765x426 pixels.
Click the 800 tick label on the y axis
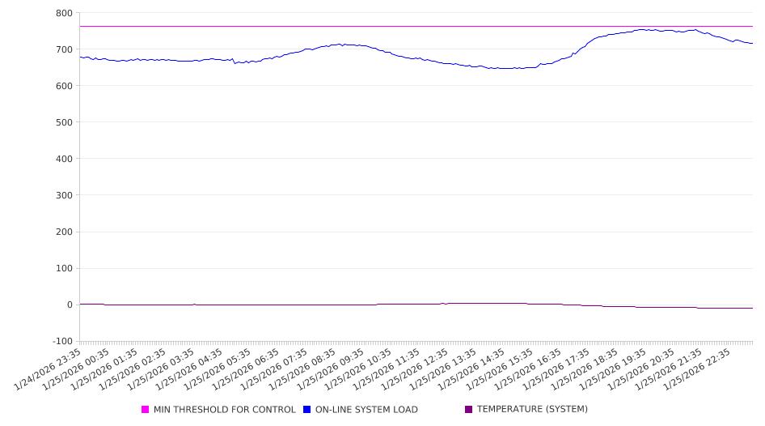(64, 13)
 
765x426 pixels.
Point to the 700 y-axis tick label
(64, 49)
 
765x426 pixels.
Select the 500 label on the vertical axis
(64, 122)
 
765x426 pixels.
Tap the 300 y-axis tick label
(64, 195)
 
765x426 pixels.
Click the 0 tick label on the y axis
(70, 305)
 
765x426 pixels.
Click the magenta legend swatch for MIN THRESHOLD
(146, 410)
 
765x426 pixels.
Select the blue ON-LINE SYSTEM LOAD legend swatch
(307, 410)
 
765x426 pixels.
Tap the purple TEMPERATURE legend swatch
(469, 410)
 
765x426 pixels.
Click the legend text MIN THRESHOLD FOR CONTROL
(224, 410)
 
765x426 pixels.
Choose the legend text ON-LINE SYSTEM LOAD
(366, 410)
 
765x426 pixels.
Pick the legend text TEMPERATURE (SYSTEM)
(532, 410)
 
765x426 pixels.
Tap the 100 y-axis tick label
(64, 268)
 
